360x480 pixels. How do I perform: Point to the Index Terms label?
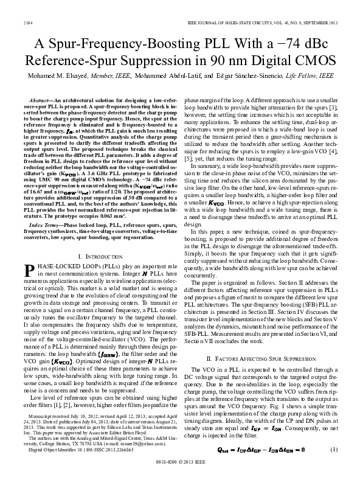pyautogui.click(x=44, y=208)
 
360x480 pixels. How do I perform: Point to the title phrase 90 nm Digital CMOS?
pyautogui.click(x=255, y=61)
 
